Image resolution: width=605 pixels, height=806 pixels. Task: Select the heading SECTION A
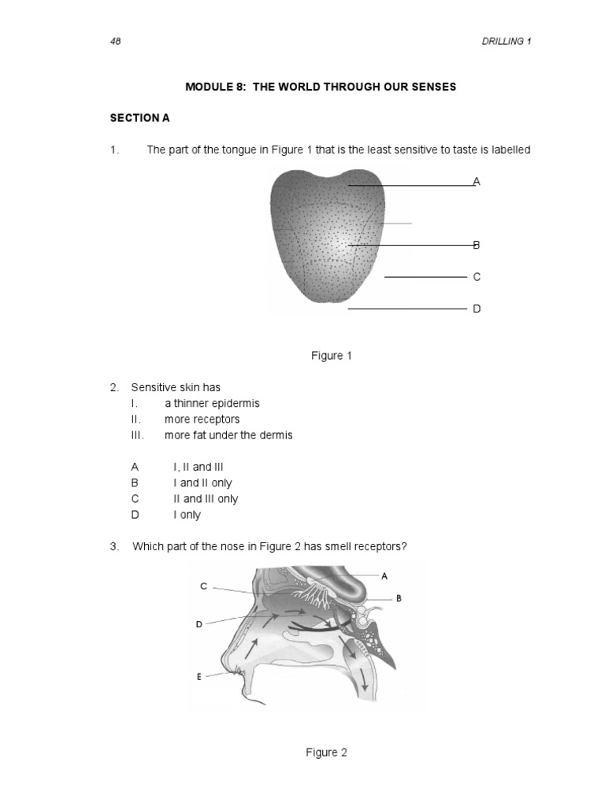(139, 118)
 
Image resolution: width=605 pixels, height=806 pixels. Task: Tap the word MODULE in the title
(208, 87)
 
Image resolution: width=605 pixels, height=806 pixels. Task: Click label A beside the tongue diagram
(476, 182)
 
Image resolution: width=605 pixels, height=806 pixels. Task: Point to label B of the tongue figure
(476, 245)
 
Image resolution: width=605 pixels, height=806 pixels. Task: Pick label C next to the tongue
(476, 277)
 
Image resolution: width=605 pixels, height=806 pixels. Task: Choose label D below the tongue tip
(476, 309)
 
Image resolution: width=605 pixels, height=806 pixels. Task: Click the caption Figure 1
(332, 356)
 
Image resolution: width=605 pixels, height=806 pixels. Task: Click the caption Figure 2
(326, 752)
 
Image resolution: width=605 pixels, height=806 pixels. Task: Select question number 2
(114, 387)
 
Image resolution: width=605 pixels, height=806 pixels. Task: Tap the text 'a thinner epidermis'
(212, 403)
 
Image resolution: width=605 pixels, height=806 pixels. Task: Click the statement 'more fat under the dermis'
(228, 435)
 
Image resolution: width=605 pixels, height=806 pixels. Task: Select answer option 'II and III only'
(206, 499)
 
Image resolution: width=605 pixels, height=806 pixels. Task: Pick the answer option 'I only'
(187, 515)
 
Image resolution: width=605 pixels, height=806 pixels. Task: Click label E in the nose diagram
(199, 676)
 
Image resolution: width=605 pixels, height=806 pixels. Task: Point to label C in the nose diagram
(203, 586)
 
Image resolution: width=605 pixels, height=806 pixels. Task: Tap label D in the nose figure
(199, 624)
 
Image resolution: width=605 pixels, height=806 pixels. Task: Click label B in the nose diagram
(399, 598)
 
